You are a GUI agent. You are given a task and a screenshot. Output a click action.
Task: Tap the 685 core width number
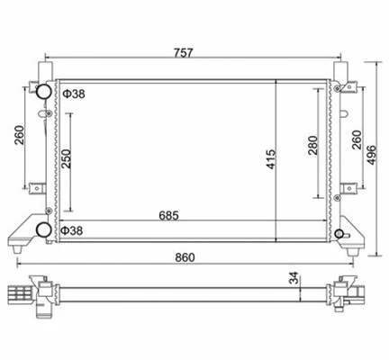pos(185,216)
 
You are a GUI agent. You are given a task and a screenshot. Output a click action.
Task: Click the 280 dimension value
pos(312,146)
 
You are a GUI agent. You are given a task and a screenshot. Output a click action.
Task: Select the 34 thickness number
pos(293,279)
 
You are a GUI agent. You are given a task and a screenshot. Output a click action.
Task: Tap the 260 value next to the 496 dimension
pos(356,139)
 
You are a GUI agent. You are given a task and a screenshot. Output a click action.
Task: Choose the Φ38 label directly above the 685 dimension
pos(72,230)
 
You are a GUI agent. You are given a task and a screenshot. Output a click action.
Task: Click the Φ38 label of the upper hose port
pos(73,94)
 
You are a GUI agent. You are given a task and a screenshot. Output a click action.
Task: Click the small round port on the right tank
pos(339,236)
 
